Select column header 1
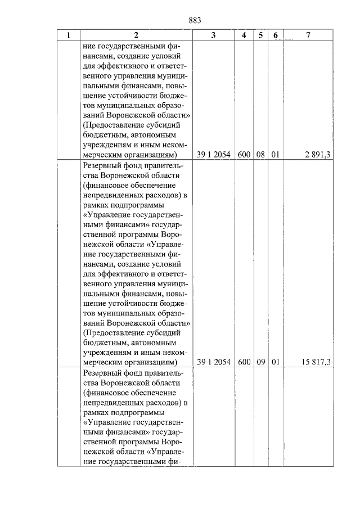point(69,35)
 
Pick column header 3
point(213,35)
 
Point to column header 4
point(244,35)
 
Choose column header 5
point(260,35)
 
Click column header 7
point(308,35)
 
